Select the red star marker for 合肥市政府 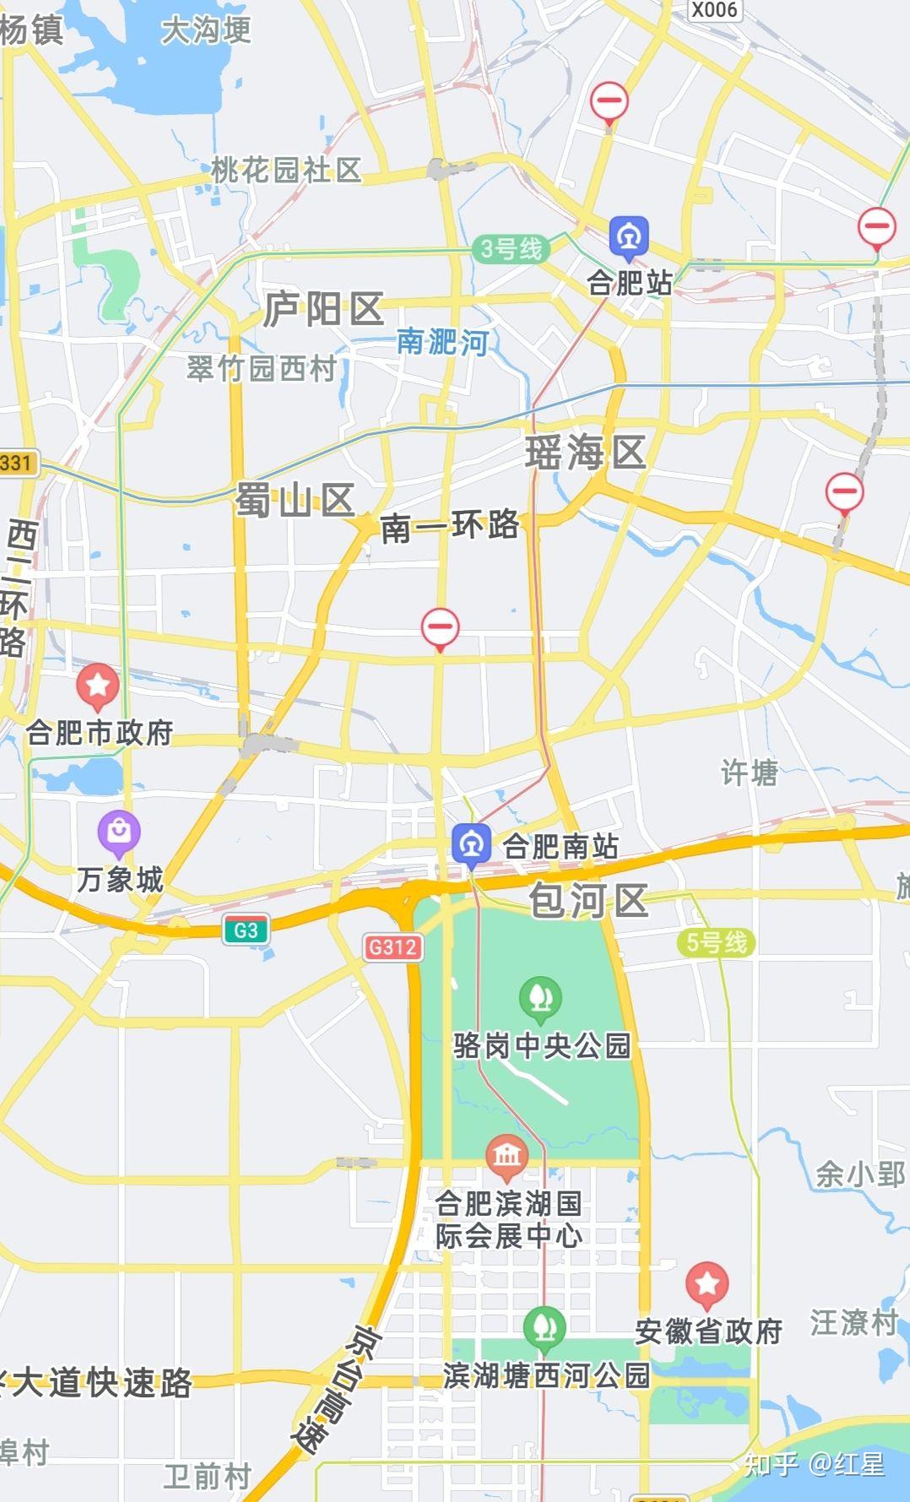[x=98, y=686]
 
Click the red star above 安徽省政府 [x=707, y=1284]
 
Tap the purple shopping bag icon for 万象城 [x=119, y=832]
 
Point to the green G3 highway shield [x=246, y=930]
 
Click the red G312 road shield [x=393, y=946]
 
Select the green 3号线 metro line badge [x=511, y=249]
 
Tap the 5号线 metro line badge [x=716, y=942]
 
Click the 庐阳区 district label [x=323, y=310]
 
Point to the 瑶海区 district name [x=585, y=453]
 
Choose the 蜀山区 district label [x=295, y=502]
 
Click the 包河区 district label [x=588, y=900]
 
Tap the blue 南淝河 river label [x=442, y=342]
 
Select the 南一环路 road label [x=450, y=527]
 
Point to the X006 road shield [x=714, y=10]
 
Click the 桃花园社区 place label [x=286, y=170]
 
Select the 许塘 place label [x=749, y=772]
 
